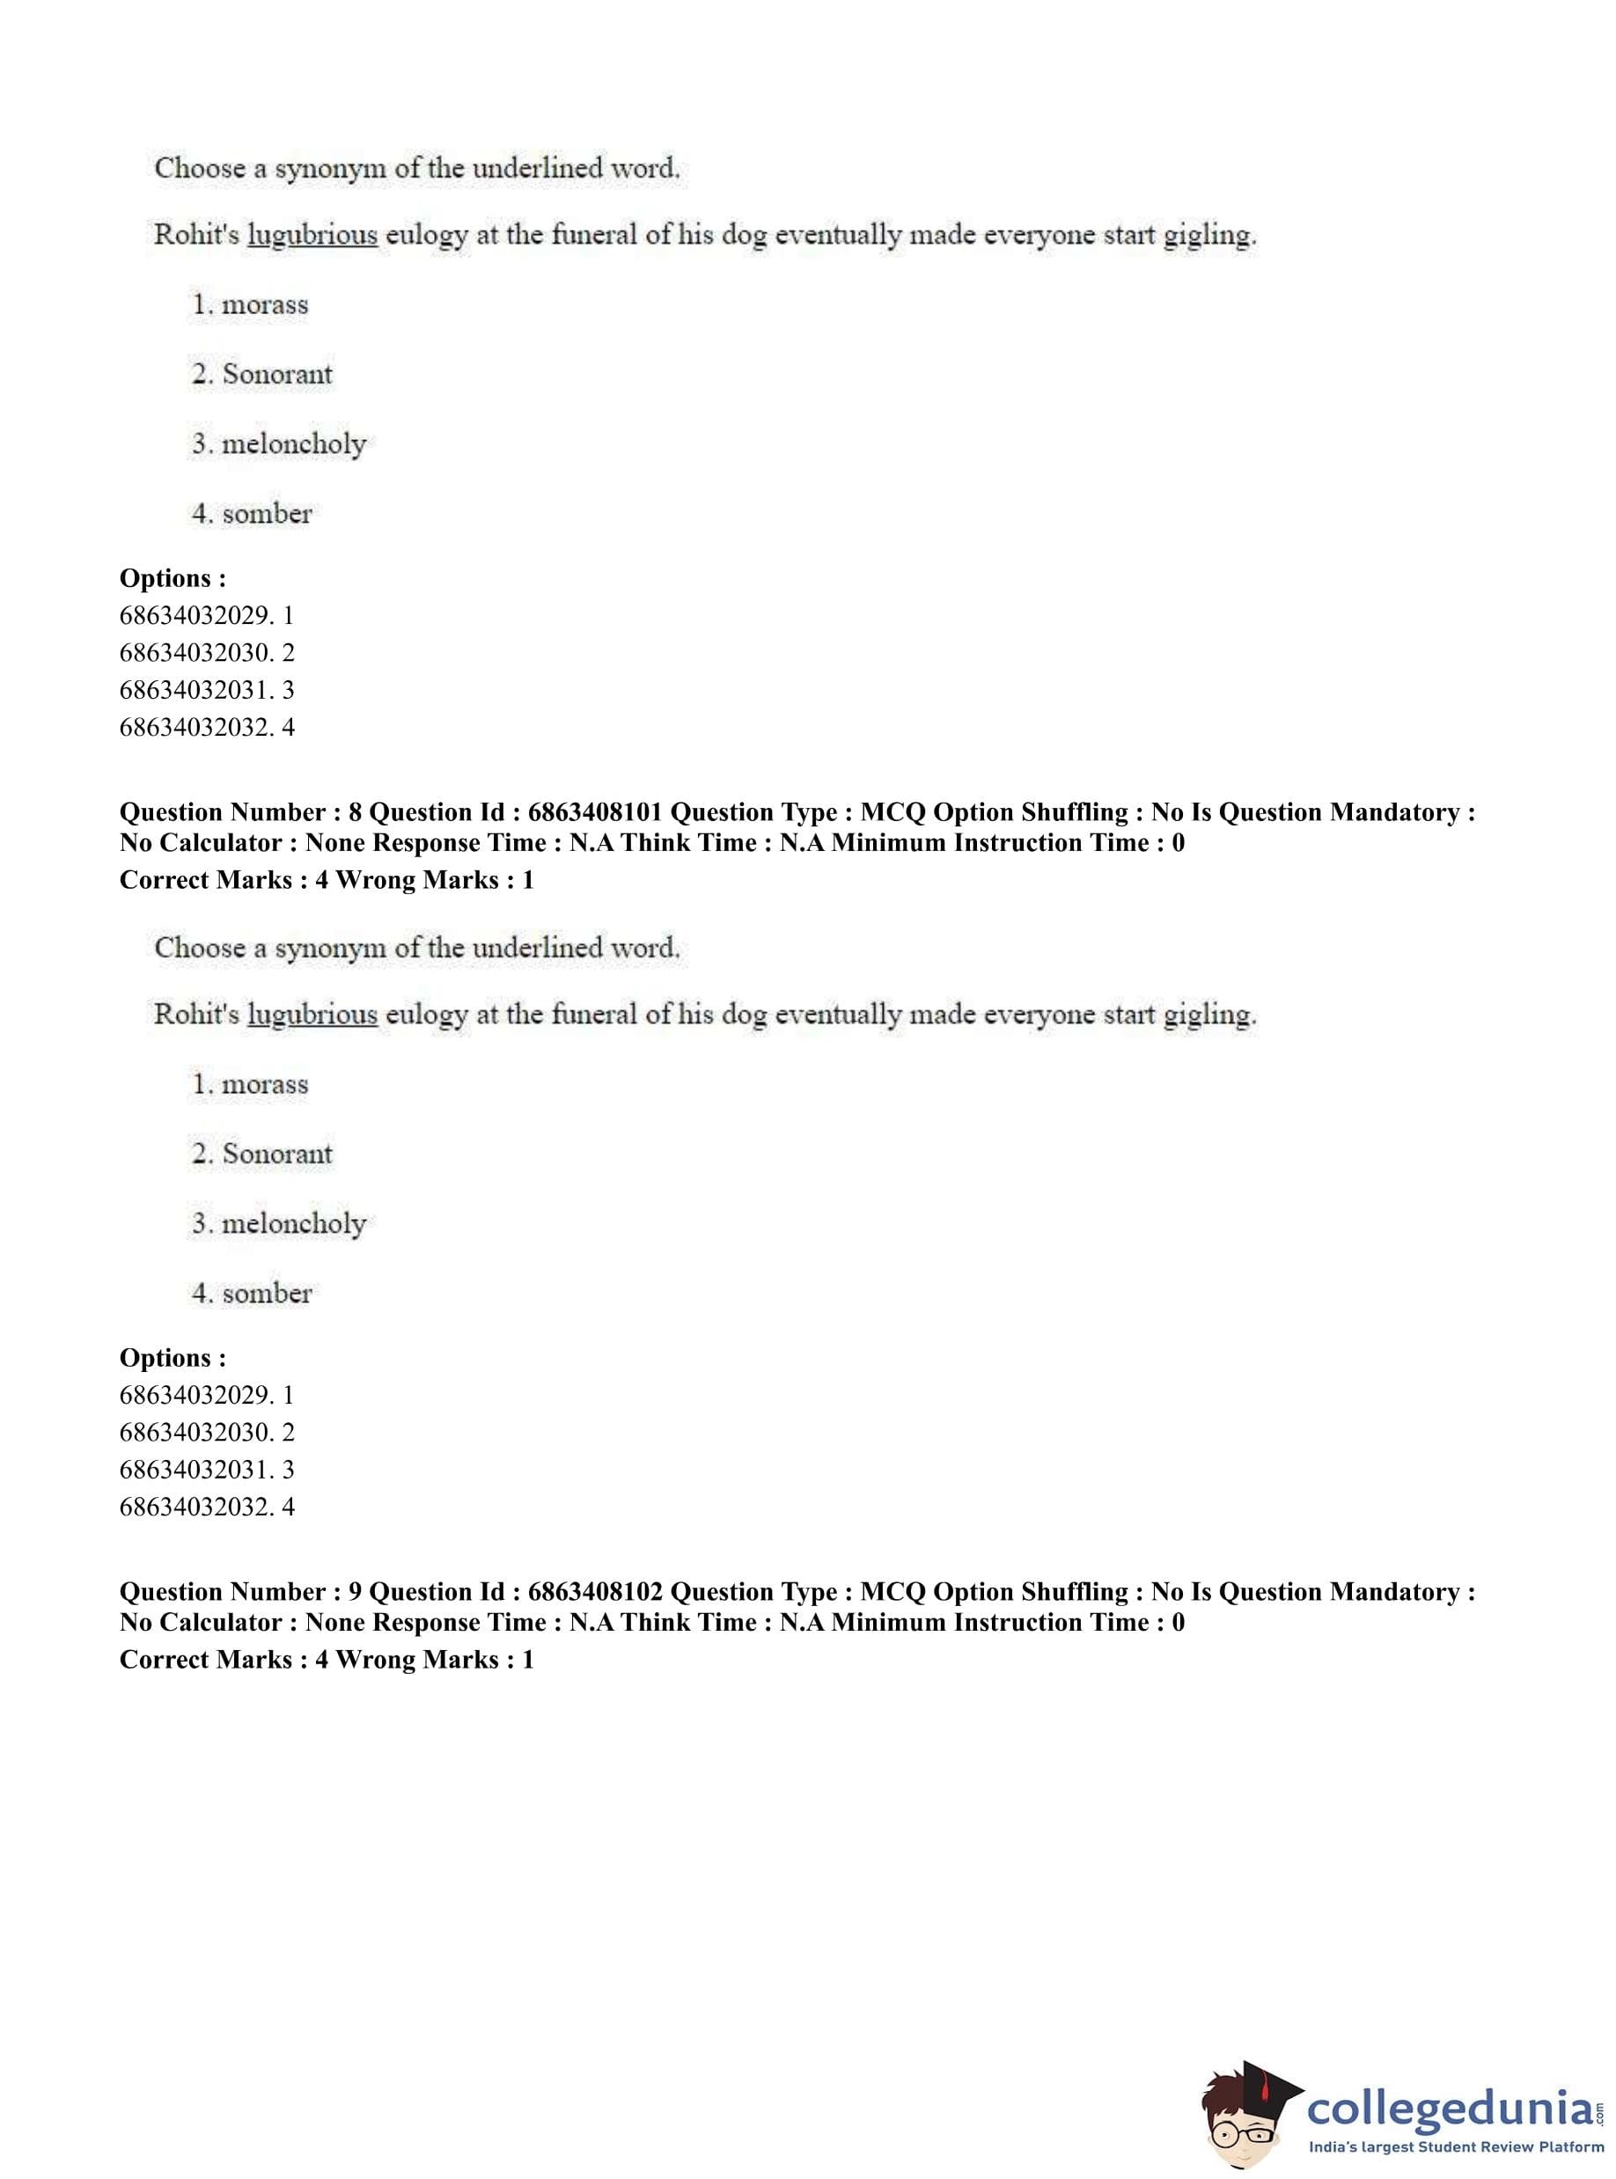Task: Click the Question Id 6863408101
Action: [594, 812]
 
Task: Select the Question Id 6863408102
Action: [594, 1592]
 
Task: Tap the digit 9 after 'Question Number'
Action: [355, 1592]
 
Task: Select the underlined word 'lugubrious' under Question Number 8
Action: [312, 1016]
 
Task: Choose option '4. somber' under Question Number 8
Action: [252, 1293]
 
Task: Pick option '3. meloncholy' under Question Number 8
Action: [279, 1223]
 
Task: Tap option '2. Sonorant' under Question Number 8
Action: [262, 1154]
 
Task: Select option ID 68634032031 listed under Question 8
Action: [207, 1470]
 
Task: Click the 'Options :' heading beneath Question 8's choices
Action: [173, 1359]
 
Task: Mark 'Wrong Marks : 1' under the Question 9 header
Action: [434, 1660]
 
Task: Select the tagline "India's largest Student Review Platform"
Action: [1456, 2147]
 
